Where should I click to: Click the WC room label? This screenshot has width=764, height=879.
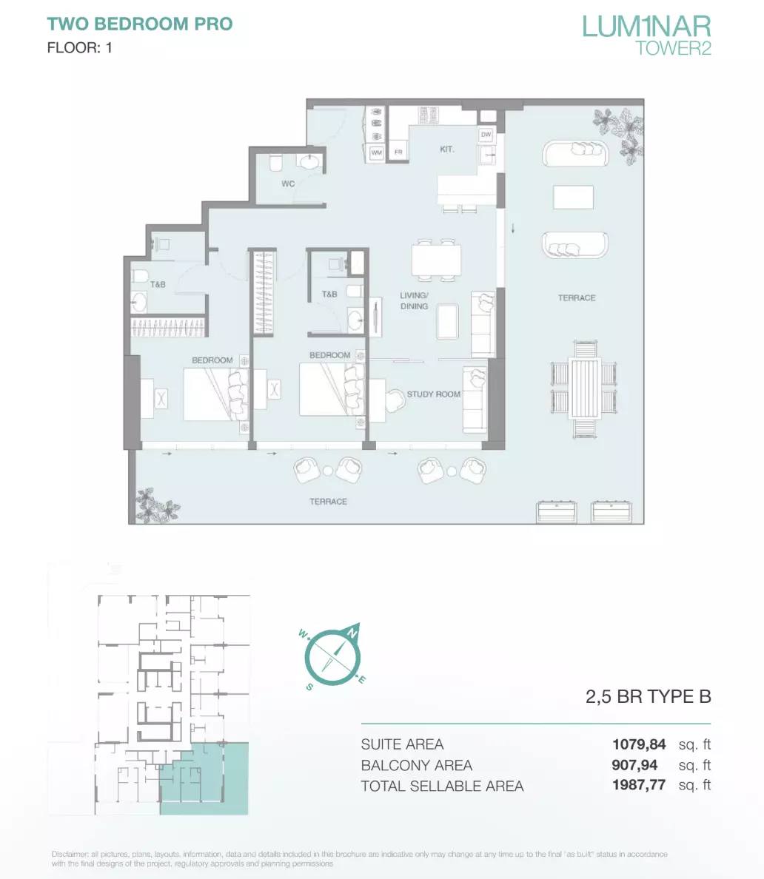click(288, 184)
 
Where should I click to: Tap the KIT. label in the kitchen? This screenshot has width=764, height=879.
click(447, 149)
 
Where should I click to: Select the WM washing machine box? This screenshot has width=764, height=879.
click(376, 152)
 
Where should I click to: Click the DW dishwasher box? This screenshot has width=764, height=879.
click(486, 135)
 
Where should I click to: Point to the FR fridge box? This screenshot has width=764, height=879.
click(398, 152)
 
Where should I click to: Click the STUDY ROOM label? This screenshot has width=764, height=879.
click(434, 394)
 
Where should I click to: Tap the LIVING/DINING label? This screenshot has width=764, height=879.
click(414, 300)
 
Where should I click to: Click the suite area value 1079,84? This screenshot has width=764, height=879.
click(639, 744)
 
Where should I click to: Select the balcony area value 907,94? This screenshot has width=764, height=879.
click(634, 765)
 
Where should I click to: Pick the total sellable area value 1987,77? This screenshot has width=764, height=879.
click(639, 785)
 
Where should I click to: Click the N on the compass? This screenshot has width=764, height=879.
click(352, 633)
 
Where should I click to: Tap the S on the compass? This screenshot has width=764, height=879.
click(309, 687)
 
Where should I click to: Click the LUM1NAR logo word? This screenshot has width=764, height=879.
click(646, 27)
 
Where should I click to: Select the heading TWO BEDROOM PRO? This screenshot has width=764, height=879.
click(140, 24)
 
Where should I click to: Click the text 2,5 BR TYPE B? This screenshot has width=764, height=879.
click(648, 697)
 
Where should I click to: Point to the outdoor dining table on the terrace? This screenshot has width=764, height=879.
click(585, 388)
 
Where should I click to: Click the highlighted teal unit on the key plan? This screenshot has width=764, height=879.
click(204, 779)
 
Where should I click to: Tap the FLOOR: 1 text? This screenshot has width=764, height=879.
click(80, 48)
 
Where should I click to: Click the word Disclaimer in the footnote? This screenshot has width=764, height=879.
click(70, 855)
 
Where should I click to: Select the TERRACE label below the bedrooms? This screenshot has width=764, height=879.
click(328, 502)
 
